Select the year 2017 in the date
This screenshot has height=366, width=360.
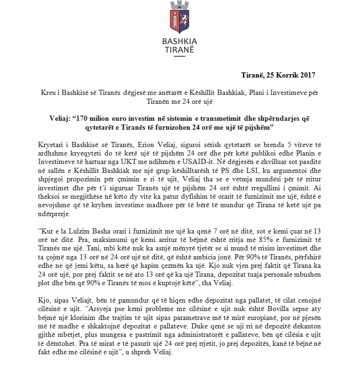click(x=307, y=75)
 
